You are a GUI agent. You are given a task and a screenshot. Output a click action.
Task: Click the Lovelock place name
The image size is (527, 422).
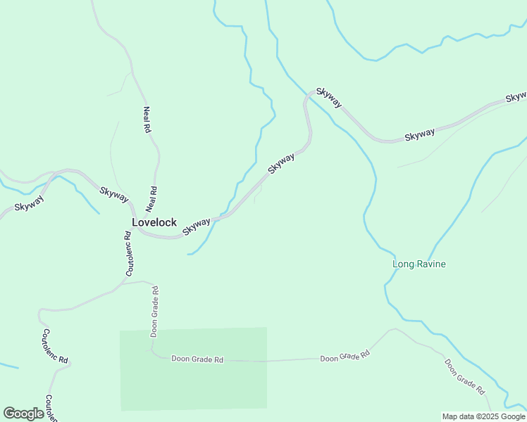[154, 222]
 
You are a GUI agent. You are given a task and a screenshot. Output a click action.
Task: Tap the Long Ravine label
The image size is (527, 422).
[419, 264]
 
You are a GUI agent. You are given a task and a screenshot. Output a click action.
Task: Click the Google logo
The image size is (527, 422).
[23, 414]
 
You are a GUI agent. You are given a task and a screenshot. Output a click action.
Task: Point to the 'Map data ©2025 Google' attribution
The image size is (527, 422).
[483, 416]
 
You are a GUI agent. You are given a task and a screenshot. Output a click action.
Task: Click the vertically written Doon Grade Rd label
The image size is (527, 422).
[154, 310]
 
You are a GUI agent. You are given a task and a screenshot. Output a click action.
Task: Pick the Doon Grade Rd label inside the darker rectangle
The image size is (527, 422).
[197, 359]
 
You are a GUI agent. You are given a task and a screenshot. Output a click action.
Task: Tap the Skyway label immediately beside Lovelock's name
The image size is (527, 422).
[197, 226]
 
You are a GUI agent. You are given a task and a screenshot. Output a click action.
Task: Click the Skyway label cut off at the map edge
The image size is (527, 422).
[516, 96]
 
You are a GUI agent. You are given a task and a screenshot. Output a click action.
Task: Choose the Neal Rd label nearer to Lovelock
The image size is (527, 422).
[151, 199]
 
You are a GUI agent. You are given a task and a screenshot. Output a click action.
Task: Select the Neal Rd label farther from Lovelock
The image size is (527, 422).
[147, 120]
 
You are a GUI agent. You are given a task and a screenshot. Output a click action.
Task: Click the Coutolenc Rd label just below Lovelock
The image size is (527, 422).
[129, 255]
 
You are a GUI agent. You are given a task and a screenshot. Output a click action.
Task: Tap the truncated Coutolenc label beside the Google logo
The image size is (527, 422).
[50, 407]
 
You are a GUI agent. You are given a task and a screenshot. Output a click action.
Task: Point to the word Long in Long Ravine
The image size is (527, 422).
[402, 264]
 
